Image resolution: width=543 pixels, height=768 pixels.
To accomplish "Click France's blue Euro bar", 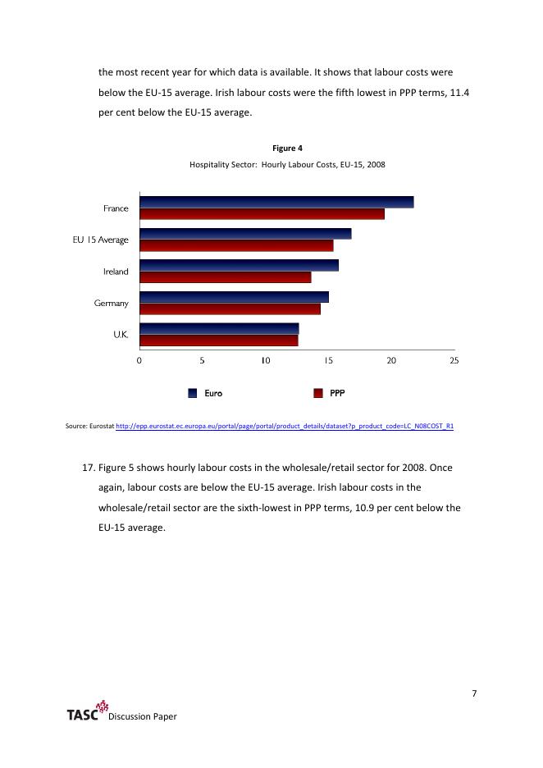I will coord(276,202).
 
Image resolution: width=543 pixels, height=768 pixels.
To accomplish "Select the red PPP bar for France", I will coord(262,214).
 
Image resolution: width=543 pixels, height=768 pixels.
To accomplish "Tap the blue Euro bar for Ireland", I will coord(239,265).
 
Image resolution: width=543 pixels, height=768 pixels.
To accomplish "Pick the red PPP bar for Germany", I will coord(230,309).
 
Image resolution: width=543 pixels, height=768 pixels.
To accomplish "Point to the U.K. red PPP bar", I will coord(218,341).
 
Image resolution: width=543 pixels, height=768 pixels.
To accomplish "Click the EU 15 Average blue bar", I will coord(245,234).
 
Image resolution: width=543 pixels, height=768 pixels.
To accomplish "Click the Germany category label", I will coord(112,304).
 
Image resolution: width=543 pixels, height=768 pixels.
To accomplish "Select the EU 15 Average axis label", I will coord(100,240).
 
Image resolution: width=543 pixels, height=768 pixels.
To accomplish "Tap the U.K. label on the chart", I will coord(120,335).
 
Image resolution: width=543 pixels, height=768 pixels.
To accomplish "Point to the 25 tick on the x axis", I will coord(454,360).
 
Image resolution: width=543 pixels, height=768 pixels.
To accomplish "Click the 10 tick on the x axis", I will coord(265,360).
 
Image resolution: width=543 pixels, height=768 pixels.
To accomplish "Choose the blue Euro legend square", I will coord(193,393).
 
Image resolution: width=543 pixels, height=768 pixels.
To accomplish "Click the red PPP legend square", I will coord(318,393).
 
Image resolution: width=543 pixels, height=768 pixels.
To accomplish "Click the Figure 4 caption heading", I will coord(287,149).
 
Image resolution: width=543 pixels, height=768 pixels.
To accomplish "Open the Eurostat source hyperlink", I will coord(285,427).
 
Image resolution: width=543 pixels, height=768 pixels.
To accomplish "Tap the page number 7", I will coord(474,694).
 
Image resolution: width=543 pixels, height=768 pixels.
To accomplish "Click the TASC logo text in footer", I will coord(82,715).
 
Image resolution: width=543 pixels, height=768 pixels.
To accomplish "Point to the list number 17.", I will coord(89,468).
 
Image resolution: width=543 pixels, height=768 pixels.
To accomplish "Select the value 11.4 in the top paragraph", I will coord(461,93).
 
